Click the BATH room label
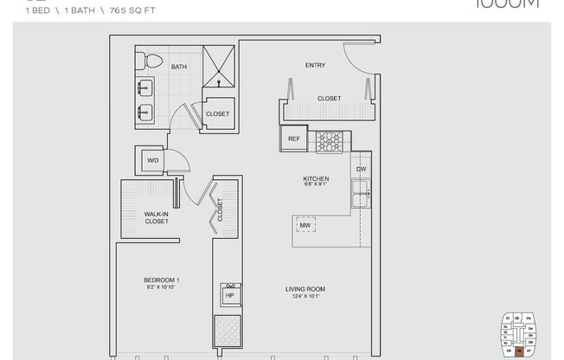[x=179, y=67]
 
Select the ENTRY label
[x=315, y=66]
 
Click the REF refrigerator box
[x=293, y=138]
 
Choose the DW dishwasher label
[x=362, y=170]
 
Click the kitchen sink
[x=361, y=195]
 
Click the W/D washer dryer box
[x=151, y=160]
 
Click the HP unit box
[x=230, y=295]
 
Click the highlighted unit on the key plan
[x=518, y=350]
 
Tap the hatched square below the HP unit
[x=230, y=331]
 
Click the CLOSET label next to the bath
[x=217, y=113]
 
